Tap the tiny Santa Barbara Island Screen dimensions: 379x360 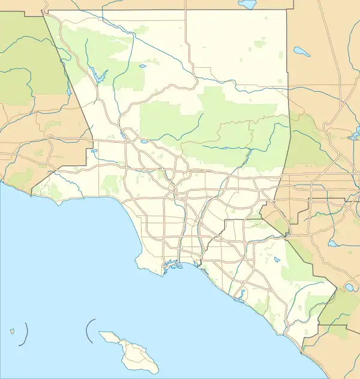(x=12, y=330)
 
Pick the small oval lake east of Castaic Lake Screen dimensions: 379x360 (x=142, y=67)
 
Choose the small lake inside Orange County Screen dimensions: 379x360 (x=277, y=261)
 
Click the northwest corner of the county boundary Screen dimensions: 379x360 (x=42, y=10)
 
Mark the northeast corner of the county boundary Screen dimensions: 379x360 (x=286, y=10)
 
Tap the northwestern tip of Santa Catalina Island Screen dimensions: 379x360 (x=101, y=335)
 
